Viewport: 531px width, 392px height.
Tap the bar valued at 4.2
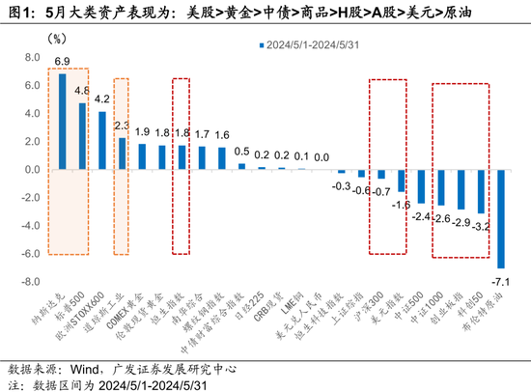102,141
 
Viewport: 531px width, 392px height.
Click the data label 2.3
123,126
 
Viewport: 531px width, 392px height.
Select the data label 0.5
241,153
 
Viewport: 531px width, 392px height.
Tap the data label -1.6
401,205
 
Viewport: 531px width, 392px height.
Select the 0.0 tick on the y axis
31,170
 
